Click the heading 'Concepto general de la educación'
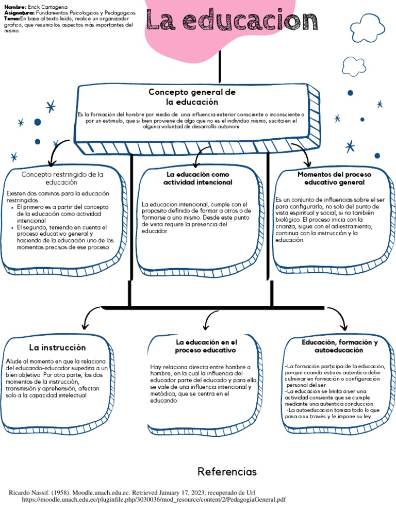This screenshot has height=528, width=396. (192, 97)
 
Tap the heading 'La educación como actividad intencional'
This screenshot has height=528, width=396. (197, 178)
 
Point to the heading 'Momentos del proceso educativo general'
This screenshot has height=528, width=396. (334, 178)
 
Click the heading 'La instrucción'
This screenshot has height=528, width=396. (57, 348)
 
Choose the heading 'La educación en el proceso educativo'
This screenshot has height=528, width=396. (206, 346)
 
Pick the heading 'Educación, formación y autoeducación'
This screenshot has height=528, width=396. (339, 346)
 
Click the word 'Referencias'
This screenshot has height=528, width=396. (227, 472)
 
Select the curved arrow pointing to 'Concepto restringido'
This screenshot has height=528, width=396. (57, 149)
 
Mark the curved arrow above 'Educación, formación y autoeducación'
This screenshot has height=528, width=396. (338, 316)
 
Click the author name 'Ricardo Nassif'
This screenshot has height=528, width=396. (31, 492)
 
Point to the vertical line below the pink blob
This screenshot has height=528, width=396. (221, 67)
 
